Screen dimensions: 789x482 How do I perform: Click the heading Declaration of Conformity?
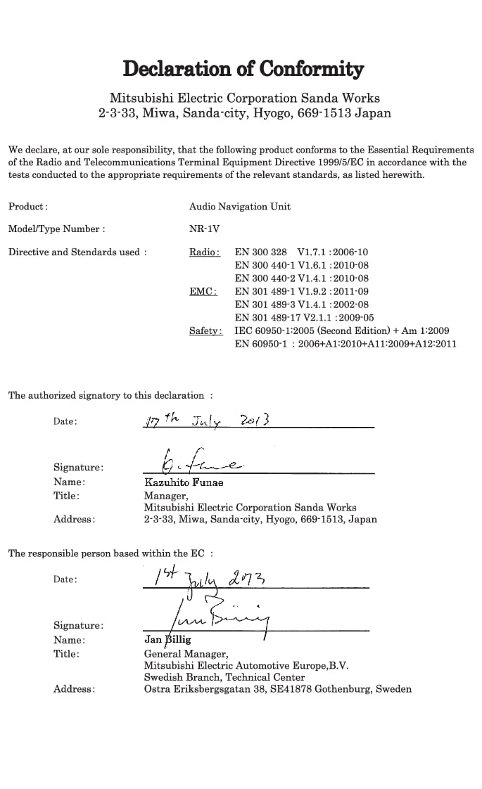coord(243,69)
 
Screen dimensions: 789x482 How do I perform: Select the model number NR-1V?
coord(204,229)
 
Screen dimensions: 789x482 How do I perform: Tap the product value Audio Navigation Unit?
coord(239,206)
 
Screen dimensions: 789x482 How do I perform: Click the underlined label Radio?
coord(204,252)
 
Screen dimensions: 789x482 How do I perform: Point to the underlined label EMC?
coord(203,291)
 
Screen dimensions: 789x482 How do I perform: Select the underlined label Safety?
coord(205,331)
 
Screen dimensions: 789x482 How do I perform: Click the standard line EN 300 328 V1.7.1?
coord(301,252)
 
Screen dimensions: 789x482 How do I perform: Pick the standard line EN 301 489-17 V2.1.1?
coord(304,317)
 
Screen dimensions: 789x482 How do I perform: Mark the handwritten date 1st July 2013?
coord(210,578)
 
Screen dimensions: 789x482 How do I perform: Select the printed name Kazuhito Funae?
coord(183,482)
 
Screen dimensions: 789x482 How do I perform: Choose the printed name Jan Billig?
coord(167,640)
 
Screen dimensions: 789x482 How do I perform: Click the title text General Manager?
coord(181,653)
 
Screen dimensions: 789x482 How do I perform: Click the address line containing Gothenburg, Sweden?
coord(277,689)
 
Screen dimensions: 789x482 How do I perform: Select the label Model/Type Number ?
coord(56,229)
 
